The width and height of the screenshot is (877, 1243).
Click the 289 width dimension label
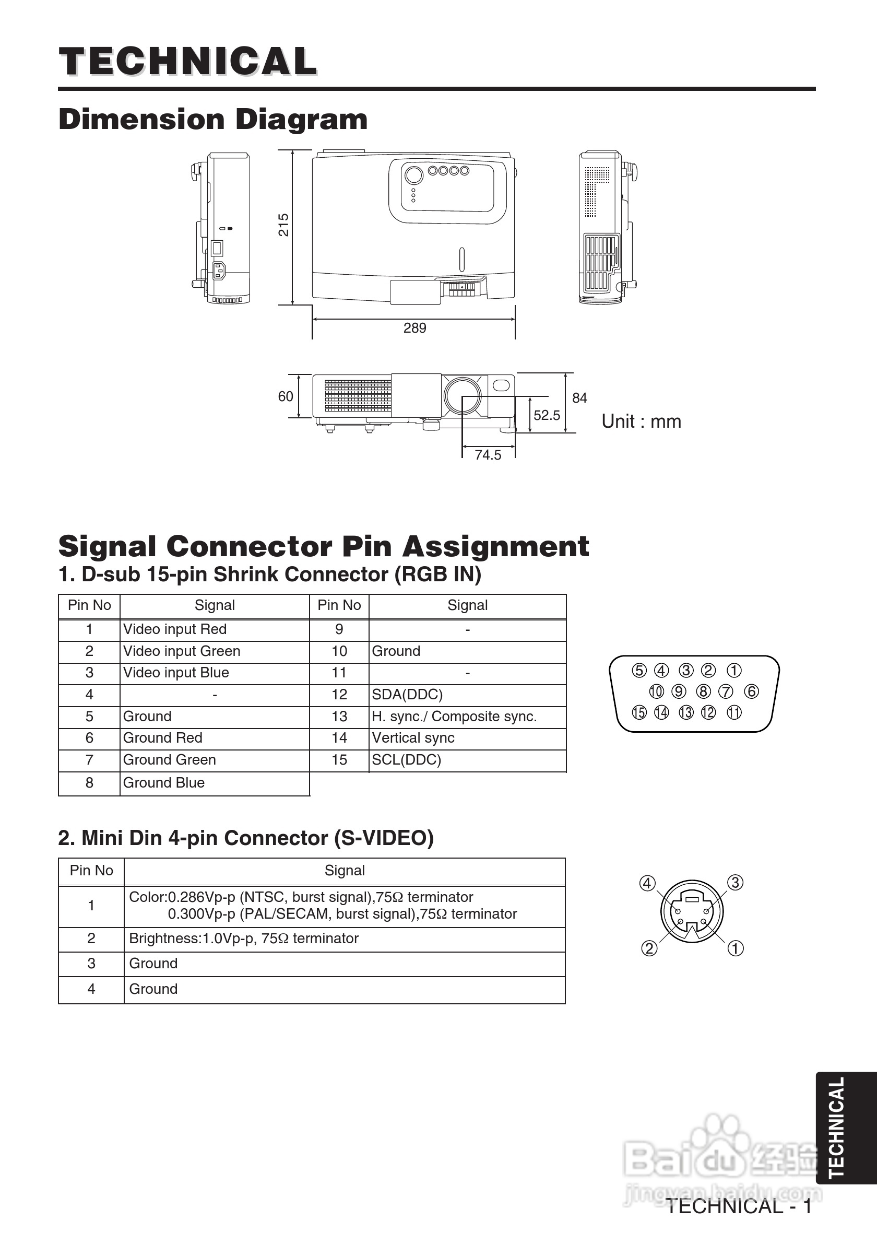click(x=414, y=328)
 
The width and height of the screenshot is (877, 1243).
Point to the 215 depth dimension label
click(x=283, y=225)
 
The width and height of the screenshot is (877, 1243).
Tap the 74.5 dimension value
click(x=488, y=455)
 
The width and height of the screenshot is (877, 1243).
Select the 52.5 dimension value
click(x=547, y=415)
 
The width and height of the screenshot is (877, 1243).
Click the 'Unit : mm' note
click(x=641, y=421)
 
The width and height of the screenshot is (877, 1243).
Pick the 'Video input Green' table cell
click(x=182, y=651)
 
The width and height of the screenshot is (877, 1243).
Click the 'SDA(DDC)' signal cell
click(x=407, y=695)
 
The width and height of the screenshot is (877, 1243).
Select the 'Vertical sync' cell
click(x=413, y=738)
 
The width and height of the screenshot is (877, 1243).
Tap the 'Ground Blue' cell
click(x=164, y=783)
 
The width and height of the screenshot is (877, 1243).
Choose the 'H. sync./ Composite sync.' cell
click(x=454, y=716)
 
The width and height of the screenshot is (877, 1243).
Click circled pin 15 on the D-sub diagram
click(x=639, y=712)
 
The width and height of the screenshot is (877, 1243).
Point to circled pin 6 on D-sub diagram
click(x=752, y=691)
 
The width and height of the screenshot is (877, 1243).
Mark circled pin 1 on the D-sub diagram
click(x=733, y=671)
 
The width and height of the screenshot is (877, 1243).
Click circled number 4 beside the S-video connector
click(x=647, y=884)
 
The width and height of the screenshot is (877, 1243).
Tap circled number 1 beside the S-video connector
click(x=735, y=948)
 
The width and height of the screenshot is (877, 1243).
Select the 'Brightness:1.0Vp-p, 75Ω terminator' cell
click(x=243, y=938)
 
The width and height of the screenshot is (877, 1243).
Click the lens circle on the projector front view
click(x=462, y=395)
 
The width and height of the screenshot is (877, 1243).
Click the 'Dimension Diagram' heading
click(x=212, y=119)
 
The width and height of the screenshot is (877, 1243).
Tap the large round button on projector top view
click(x=413, y=175)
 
